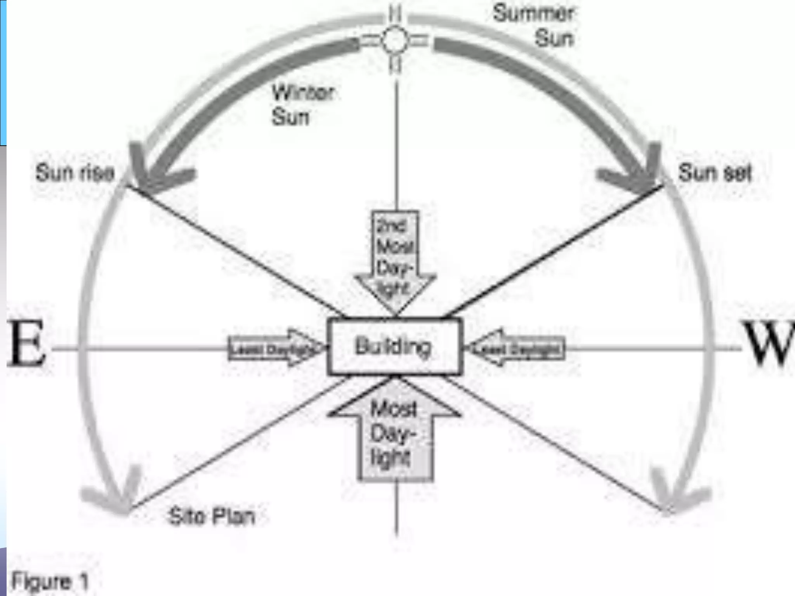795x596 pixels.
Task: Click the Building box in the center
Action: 394,347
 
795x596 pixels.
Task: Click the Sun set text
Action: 715,173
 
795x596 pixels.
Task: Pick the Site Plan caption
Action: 212,516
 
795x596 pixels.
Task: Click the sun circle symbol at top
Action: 395,40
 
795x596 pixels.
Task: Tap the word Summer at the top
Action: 533,14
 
